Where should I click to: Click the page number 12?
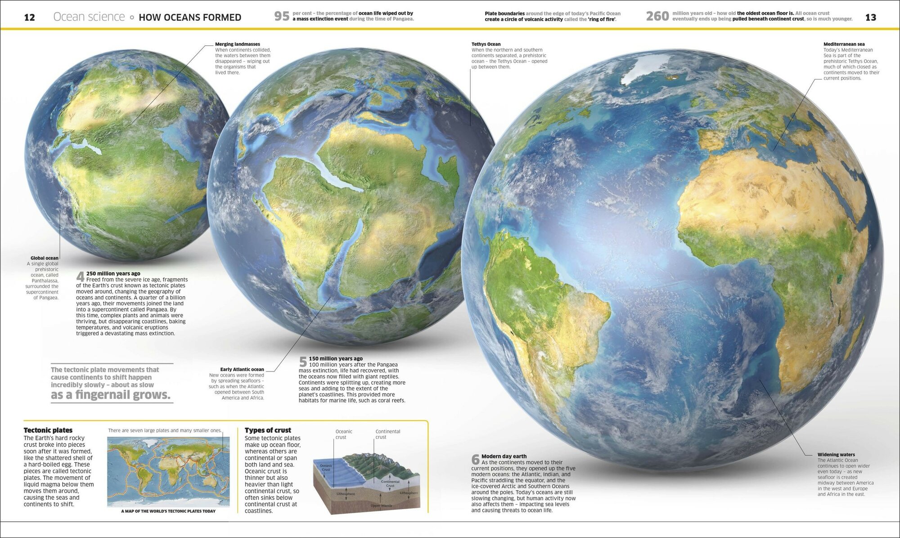click(x=29, y=18)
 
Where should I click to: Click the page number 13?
click(x=871, y=18)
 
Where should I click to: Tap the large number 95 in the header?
click(x=282, y=16)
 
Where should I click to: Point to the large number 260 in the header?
click(x=657, y=16)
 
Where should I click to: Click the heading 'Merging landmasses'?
click(x=237, y=44)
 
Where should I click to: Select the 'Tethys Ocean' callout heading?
click(x=486, y=44)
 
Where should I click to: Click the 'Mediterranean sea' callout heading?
click(x=844, y=44)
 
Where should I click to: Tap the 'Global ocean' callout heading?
click(x=45, y=258)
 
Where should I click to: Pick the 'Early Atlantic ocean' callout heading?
click(x=242, y=369)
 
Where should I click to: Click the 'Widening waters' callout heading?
click(x=836, y=455)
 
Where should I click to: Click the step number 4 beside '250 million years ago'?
click(x=80, y=276)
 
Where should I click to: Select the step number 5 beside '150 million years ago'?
click(x=303, y=362)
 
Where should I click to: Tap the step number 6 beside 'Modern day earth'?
click(x=475, y=459)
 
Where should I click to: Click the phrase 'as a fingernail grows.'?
click(x=111, y=395)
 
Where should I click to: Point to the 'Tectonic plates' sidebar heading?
click(x=48, y=430)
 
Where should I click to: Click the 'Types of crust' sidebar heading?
click(x=268, y=430)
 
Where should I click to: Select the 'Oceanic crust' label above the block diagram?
click(x=343, y=434)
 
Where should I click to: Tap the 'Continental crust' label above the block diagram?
click(x=387, y=434)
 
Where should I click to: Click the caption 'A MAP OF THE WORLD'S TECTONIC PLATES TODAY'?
click(x=168, y=511)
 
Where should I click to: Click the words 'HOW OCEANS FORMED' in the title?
click(x=190, y=18)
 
